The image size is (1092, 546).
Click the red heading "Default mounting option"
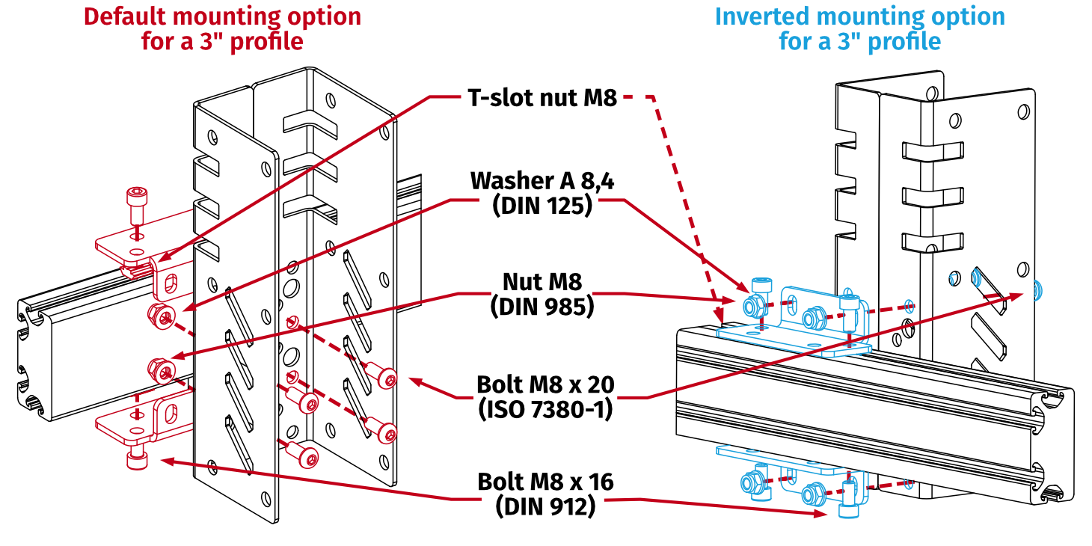[221, 16]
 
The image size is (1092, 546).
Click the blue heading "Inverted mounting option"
[859, 16]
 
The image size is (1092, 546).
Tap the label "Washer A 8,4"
[542, 181]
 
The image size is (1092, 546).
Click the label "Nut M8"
[542, 282]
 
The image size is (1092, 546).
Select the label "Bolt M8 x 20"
[545, 384]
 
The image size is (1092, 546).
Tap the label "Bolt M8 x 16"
[545, 482]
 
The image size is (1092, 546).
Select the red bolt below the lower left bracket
[136, 458]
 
